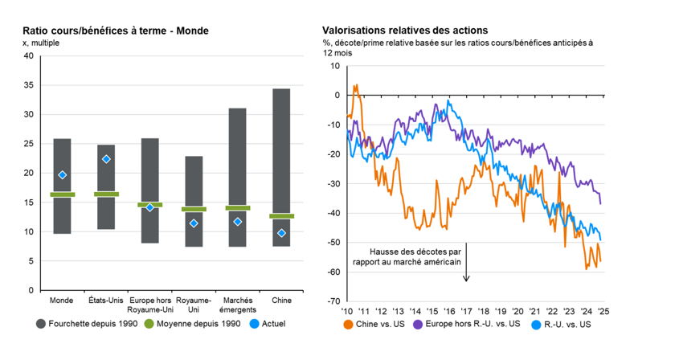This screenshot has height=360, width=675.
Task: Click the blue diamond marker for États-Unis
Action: [106, 159]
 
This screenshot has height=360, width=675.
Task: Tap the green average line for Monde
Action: [62, 194]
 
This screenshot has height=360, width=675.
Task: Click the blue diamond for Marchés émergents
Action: [237, 222]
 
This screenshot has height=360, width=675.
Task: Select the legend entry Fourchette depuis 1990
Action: [87, 325]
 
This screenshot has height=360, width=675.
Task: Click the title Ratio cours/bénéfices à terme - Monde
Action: [116, 31]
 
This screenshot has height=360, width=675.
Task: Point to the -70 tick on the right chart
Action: [332, 301]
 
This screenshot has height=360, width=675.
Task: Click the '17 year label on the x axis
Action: [467, 311]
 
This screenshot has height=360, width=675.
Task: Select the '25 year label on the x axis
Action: [602, 311]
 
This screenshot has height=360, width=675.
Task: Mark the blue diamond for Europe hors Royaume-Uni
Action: [149, 207]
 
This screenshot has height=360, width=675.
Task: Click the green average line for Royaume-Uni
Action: [194, 209]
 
